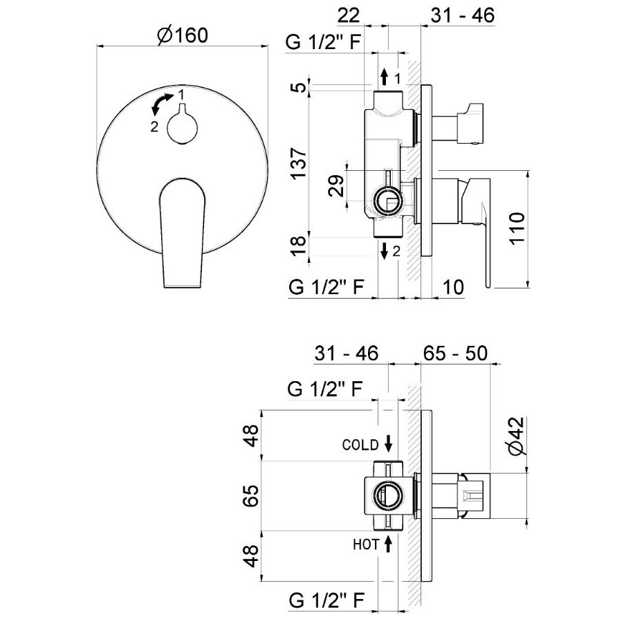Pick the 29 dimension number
[x=337, y=186]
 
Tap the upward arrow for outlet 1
[x=384, y=77]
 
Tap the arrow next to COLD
[x=389, y=442]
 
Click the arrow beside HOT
[x=389, y=544]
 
